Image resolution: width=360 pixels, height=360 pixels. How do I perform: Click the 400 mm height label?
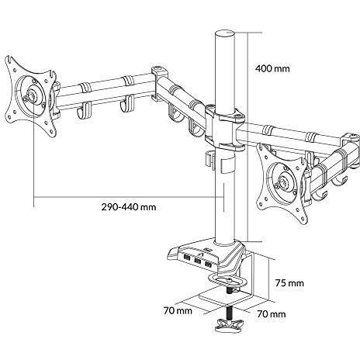(272, 69)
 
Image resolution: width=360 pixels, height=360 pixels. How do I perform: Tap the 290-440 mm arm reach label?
(129, 207)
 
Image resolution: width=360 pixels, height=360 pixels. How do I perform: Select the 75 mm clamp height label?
(289, 283)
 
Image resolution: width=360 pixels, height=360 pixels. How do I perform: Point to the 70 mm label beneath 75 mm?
(272, 314)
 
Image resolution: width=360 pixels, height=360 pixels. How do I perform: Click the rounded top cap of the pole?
(225, 34)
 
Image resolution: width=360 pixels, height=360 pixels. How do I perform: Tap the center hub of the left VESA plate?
(33, 95)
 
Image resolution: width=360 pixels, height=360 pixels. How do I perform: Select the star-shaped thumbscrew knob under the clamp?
(229, 324)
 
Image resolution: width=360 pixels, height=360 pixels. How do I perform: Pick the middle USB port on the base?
(198, 261)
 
